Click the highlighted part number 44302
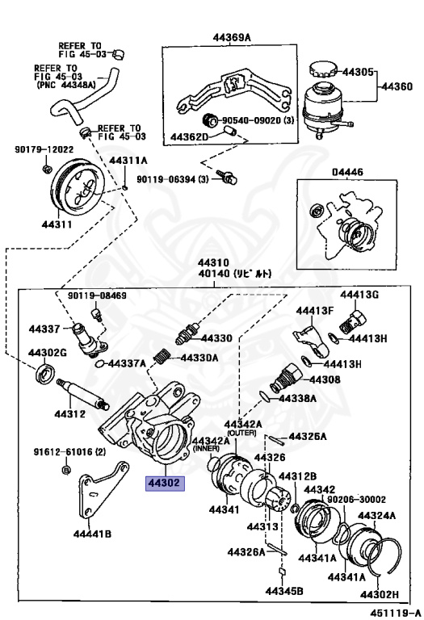point(165,484)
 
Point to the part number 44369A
point(232,38)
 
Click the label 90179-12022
point(44,149)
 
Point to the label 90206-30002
point(356,500)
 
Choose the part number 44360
point(397,85)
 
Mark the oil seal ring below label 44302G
point(45,375)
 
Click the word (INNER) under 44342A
point(204,449)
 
